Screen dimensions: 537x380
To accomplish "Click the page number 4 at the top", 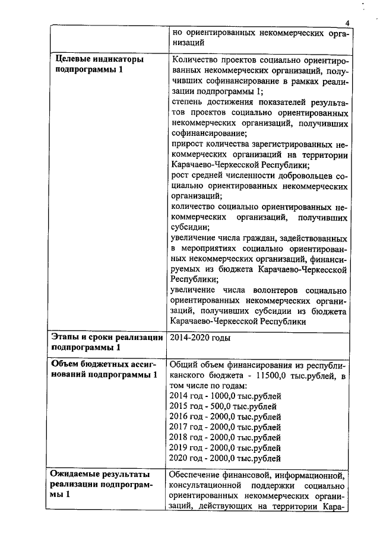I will pos(348,23).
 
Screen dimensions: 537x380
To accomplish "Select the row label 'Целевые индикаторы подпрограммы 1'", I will pos(99,65).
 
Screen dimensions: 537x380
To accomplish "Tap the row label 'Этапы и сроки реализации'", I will pos(107,337).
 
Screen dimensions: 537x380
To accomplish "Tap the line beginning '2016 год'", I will pos(225,417).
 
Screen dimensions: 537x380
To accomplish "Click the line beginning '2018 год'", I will pos(225,437).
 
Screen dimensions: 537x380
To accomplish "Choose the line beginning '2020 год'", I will pos(225,457).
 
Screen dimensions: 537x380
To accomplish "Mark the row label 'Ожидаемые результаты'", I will pos(100,475).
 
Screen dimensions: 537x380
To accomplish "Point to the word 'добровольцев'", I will pos(303,176).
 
